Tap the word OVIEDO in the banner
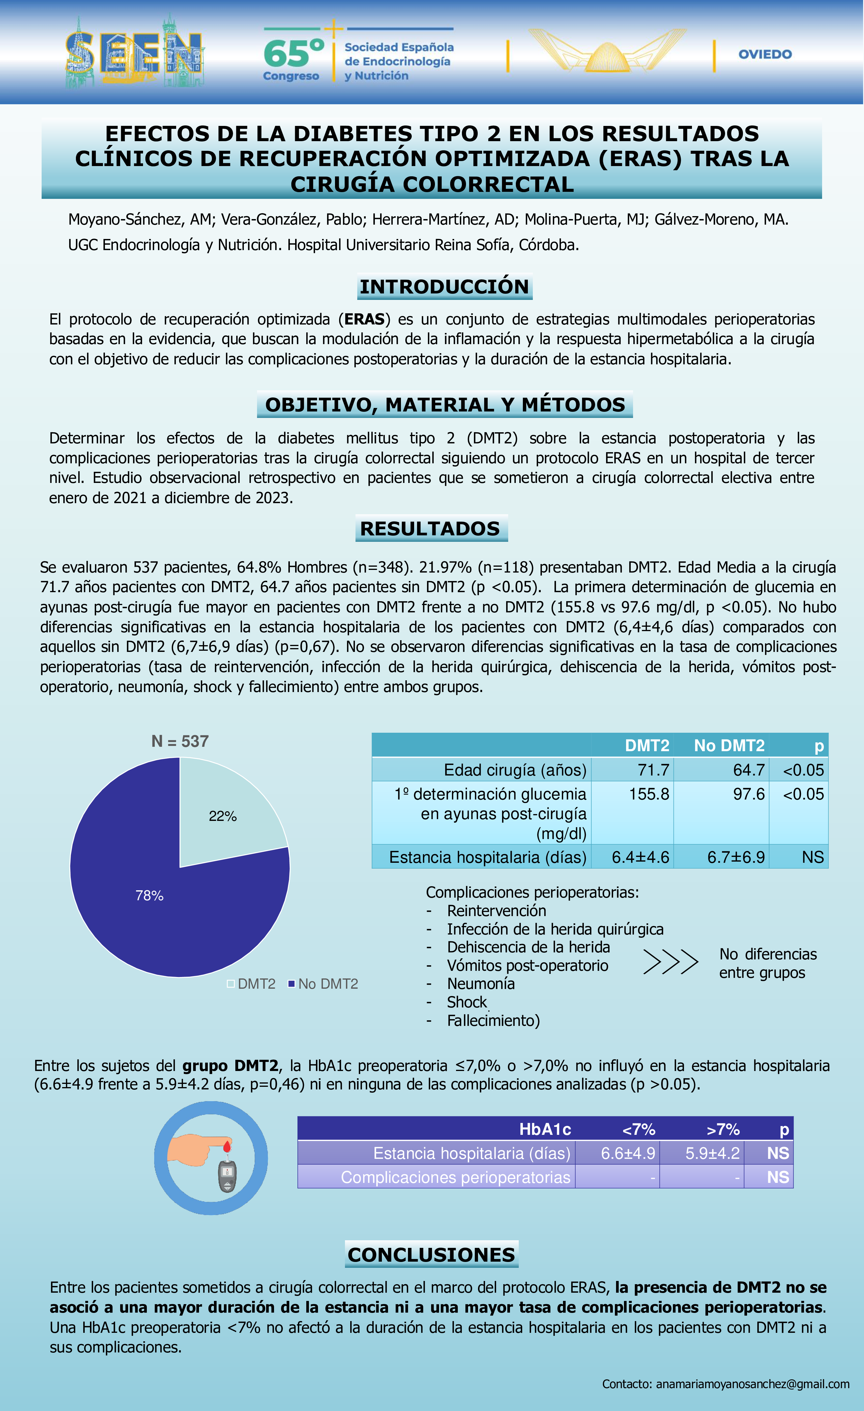[x=765, y=54]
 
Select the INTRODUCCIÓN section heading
[x=445, y=286]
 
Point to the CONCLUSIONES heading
[x=431, y=1254]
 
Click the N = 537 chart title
[x=180, y=741]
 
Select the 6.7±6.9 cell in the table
[x=736, y=857]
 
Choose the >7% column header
[x=723, y=1129]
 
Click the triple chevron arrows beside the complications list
[x=670, y=962]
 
